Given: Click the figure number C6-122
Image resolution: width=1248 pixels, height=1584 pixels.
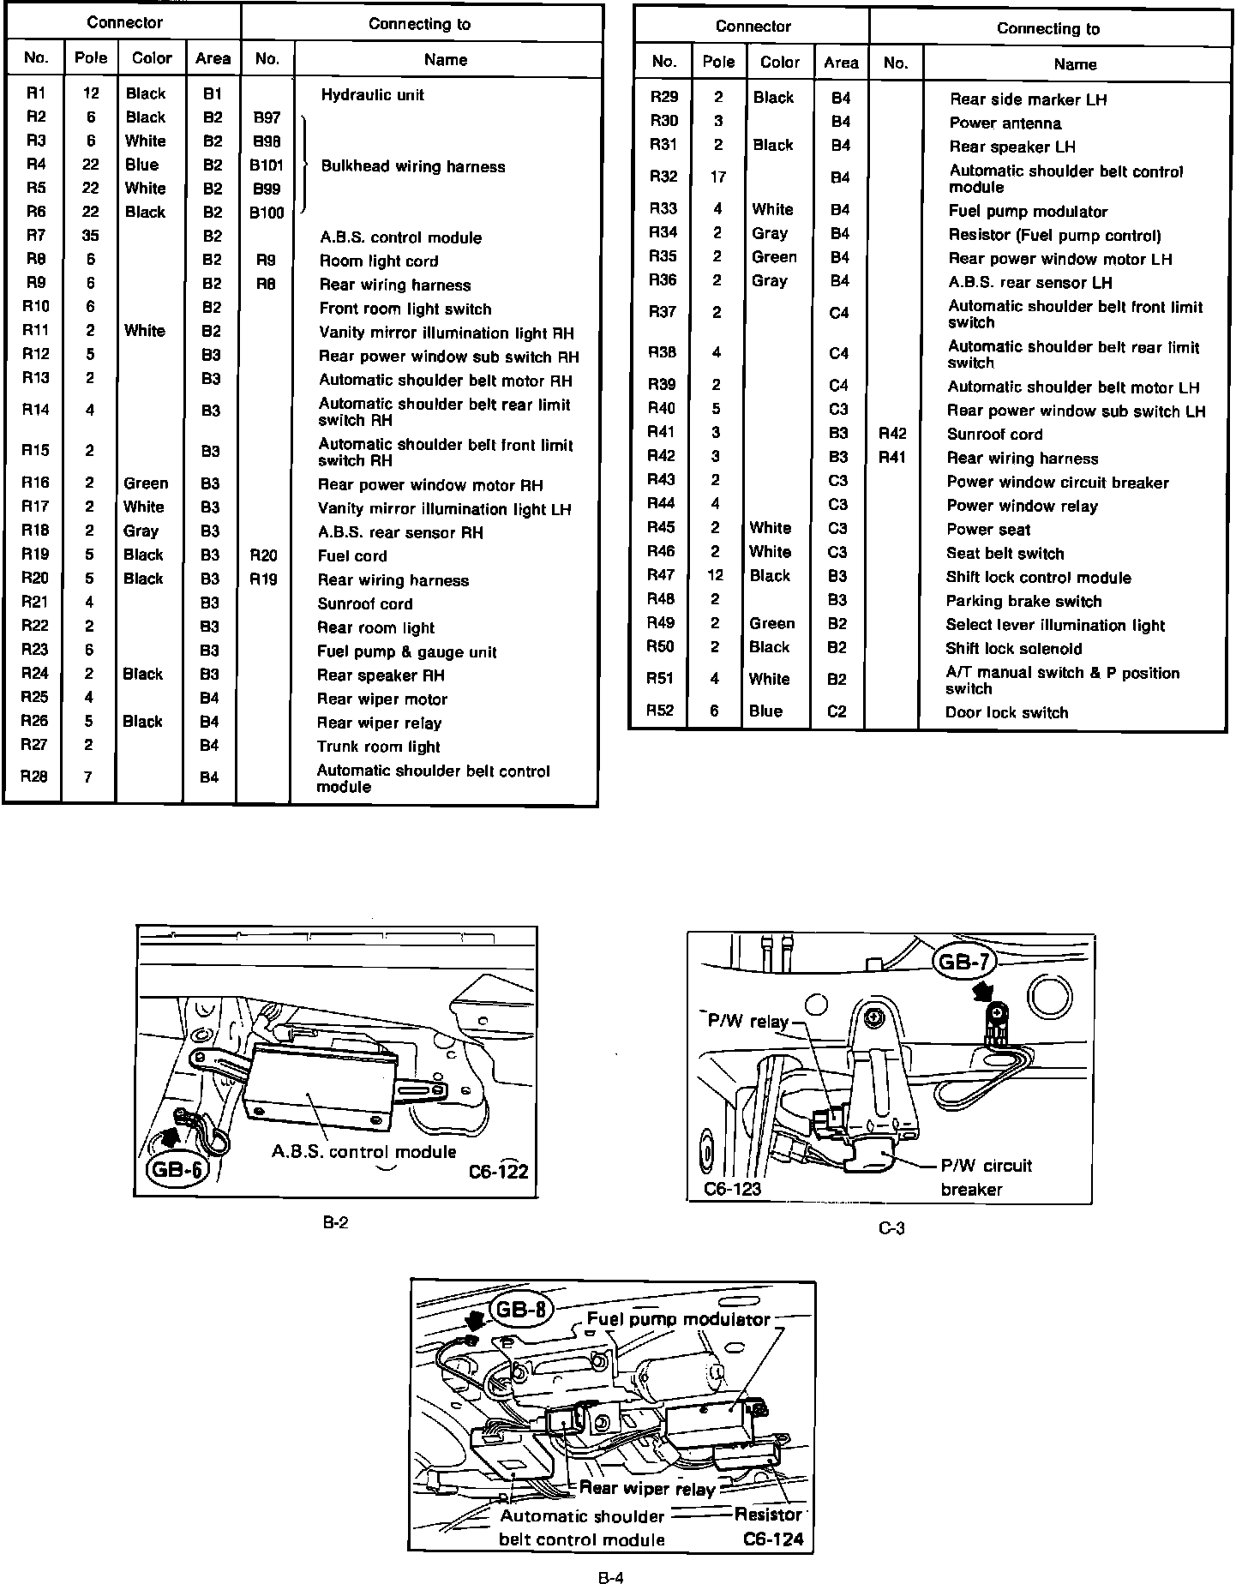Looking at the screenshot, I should coord(498,1171).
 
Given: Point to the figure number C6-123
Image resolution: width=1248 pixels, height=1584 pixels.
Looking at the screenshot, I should coord(732,1189).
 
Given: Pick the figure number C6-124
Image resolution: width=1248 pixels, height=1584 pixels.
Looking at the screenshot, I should coord(773,1539).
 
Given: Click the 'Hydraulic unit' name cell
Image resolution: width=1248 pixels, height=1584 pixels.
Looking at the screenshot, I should coord(372,94).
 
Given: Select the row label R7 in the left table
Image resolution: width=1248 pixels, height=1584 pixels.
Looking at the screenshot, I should coord(36,236).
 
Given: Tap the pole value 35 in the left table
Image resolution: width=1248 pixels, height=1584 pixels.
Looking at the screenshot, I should coord(90,236).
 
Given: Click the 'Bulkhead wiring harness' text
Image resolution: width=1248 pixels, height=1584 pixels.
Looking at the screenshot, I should coord(412,166).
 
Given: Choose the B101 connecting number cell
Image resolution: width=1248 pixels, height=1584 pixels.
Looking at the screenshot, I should coord(267,165).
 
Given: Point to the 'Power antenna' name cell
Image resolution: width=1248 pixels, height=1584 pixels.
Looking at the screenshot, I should coord(1005,123).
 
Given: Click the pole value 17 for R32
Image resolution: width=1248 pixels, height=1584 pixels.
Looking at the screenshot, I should coord(718,177).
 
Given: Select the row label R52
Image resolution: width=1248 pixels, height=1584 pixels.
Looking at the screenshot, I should coord(660,711).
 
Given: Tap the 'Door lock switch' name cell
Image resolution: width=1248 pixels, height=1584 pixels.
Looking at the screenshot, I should coord(1006,712).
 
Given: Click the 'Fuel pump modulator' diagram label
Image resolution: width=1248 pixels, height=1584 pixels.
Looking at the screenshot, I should coord(678,1320).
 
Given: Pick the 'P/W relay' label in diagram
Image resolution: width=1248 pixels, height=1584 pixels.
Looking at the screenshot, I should coord(747,1021).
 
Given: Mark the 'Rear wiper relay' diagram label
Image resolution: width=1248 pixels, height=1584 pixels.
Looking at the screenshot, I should coord(646,1489).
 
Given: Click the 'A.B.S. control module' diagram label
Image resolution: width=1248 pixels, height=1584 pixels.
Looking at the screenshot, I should coord(363,1151).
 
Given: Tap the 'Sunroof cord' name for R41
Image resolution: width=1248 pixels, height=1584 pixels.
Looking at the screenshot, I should coord(994,435).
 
